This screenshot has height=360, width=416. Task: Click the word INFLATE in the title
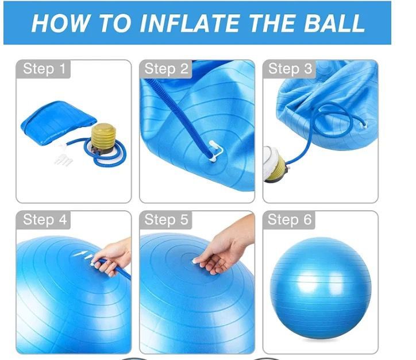190,23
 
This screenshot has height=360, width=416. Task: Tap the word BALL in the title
334,23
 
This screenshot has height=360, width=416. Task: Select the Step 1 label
44,69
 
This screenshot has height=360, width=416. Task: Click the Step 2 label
167,69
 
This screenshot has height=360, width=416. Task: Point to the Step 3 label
290,69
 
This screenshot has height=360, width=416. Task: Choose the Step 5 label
167,219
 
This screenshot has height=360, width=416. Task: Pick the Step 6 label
290,219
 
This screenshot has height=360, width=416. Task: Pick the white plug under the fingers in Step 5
196,261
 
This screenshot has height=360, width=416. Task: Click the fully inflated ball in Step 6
321,288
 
